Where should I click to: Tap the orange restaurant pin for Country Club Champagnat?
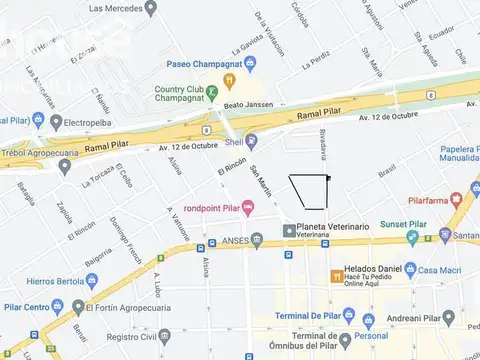[x=229, y=80]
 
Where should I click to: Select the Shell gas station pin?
[x=251, y=141]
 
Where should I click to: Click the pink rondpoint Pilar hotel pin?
[x=247, y=206]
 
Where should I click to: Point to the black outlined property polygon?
[x=310, y=191]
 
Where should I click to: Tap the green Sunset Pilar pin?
[x=413, y=238]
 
